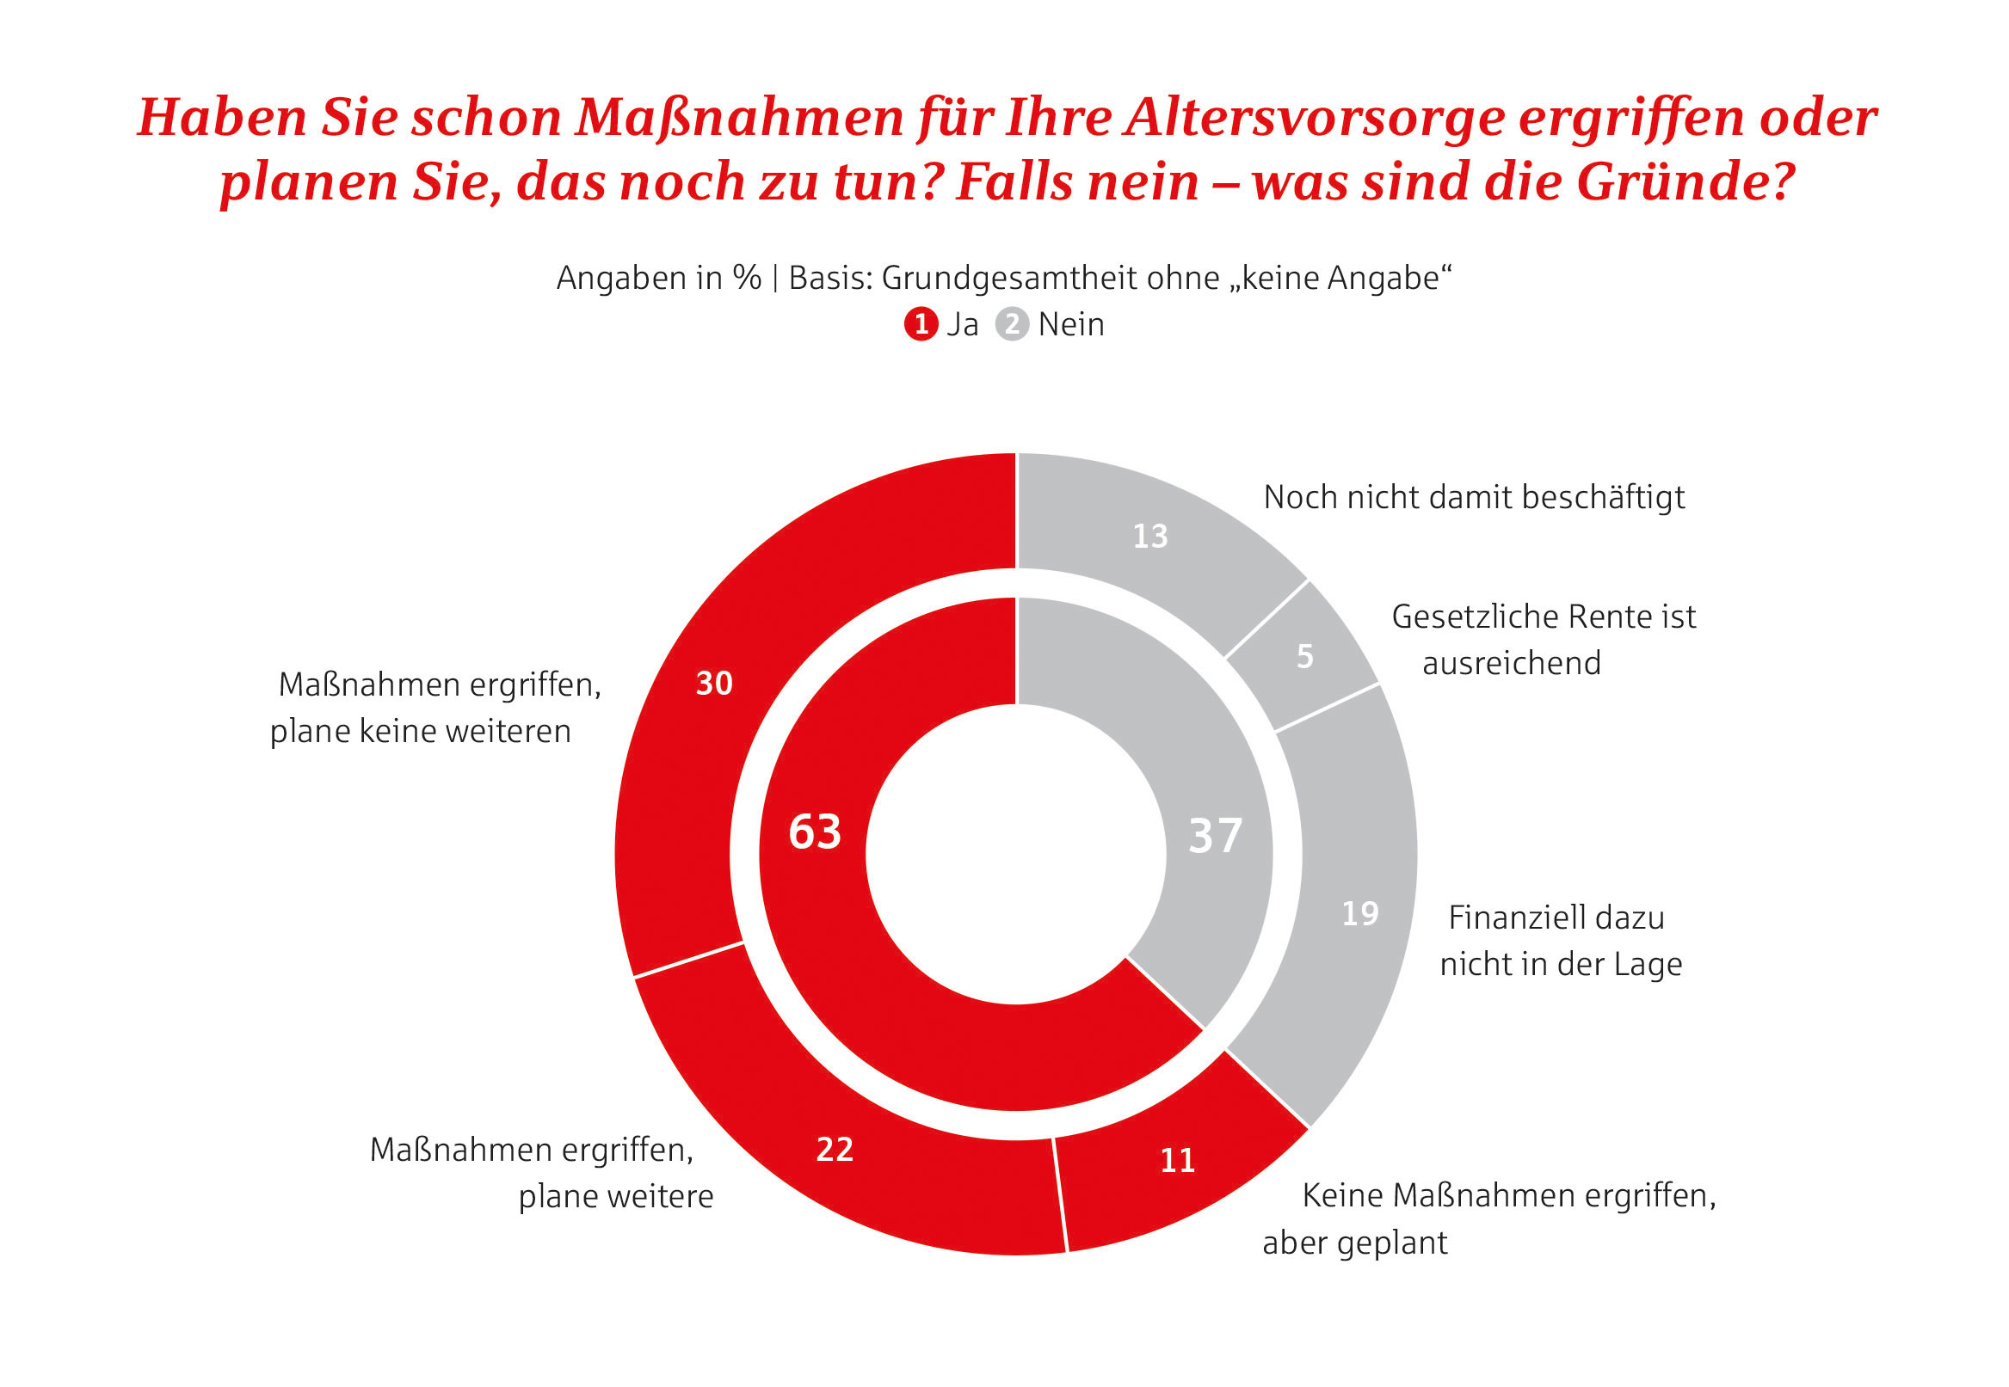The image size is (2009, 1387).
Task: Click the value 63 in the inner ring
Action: point(814,832)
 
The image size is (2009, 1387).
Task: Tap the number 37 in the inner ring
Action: point(1215,836)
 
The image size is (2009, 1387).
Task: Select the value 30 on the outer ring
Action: point(714,684)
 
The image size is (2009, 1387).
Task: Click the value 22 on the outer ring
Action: point(834,1150)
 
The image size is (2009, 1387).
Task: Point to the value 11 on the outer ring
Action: point(1177,1161)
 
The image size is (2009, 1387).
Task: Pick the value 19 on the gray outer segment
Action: point(1359,913)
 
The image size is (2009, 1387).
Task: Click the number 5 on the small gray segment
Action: point(1304,657)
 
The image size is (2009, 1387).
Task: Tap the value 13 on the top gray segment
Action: point(1149,537)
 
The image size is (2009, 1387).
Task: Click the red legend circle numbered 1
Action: point(921,324)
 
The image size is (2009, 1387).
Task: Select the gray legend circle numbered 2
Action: point(1011,324)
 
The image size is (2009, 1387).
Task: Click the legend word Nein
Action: point(1070,324)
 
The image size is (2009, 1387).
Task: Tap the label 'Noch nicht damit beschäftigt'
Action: point(1474,497)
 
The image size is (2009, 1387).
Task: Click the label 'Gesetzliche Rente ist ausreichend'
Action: point(1542,640)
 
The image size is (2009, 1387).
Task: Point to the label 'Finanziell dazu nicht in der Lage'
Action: point(1560,941)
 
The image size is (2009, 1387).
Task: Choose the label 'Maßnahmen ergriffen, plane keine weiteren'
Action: point(434,708)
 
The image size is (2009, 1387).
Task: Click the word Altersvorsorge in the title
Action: point(1314,117)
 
